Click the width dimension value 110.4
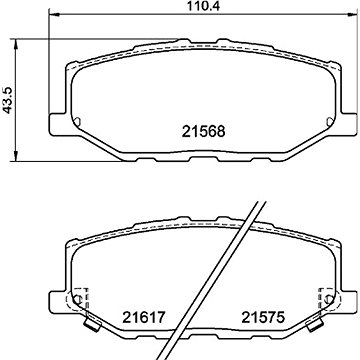click(x=203, y=6)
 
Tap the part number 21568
click(x=204, y=131)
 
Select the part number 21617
click(x=144, y=317)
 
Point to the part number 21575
click(x=263, y=317)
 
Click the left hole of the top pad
click(x=77, y=122)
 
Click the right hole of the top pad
click(x=330, y=122)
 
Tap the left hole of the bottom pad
click(x=77, y=299)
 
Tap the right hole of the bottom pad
click(x=329, y=299)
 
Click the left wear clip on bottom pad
click(x=93, y=322)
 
